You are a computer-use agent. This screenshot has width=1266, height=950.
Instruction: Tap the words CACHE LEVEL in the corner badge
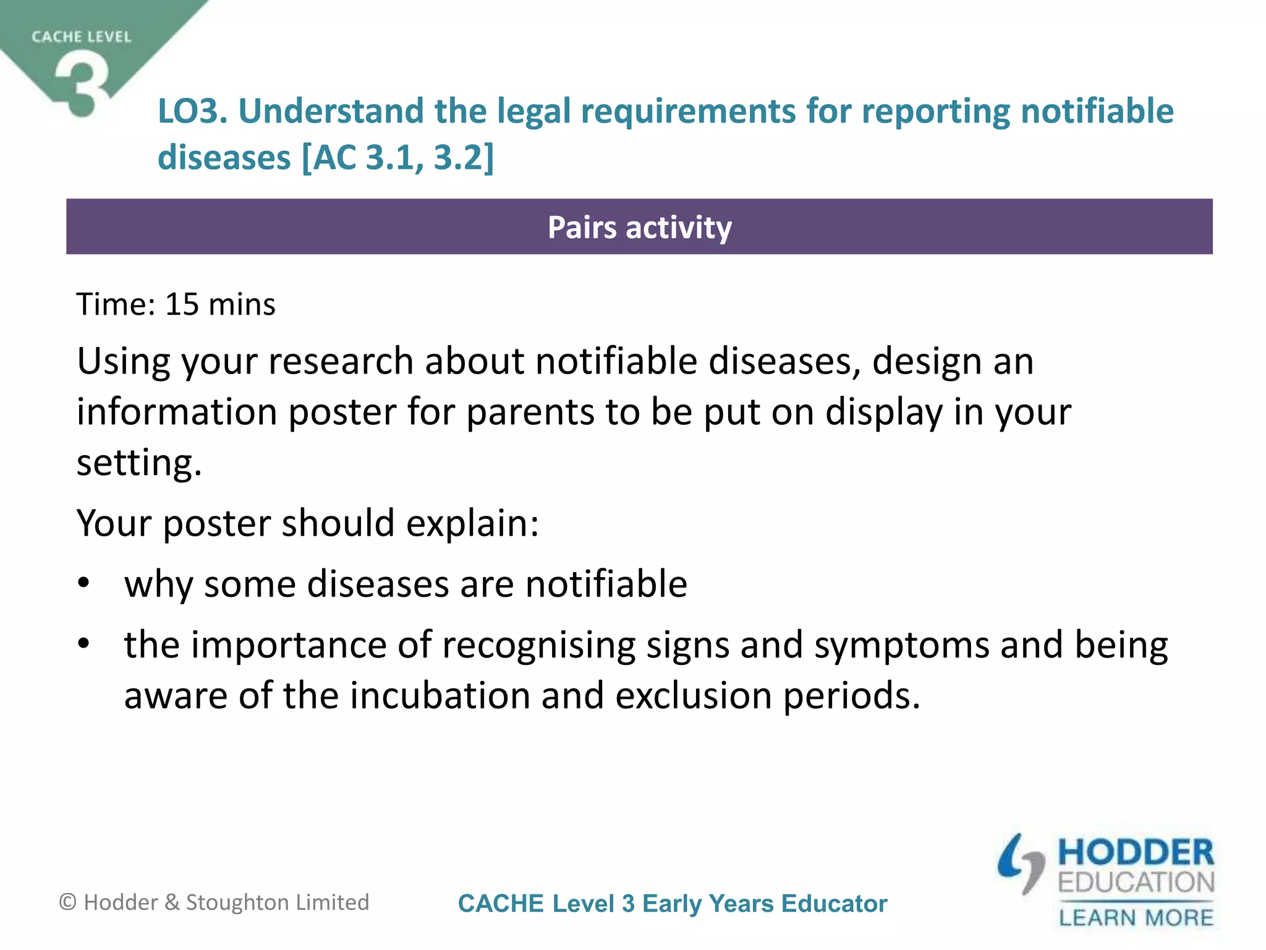pos(82,37)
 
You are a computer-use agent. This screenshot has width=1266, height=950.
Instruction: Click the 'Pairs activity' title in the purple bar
pos(639,227)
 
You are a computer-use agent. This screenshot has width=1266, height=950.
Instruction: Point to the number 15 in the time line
pos(182,304)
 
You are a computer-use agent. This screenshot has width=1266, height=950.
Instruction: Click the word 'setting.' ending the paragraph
pos(139,463)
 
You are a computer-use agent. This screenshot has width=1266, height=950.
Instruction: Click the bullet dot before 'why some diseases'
pos(84,583)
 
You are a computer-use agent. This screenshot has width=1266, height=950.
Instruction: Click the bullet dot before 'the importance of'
pos(84,644)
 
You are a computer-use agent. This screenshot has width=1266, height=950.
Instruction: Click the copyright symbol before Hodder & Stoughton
pos(67,902)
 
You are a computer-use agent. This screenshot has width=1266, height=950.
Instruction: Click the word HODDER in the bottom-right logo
pos(1136,853)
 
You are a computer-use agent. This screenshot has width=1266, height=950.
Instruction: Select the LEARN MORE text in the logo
pos(1136,917)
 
